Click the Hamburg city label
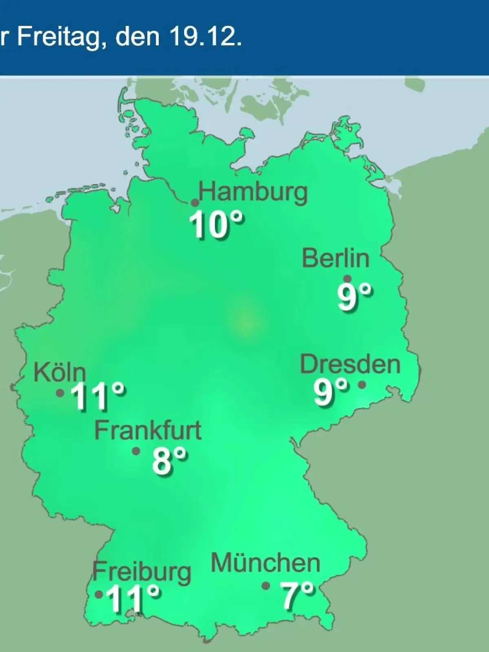pyautogui.click(x=253, y=192)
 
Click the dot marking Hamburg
pyautogui.click(x=195, y=203)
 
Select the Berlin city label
pyautogui.click(x=336, y=258)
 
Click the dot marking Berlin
pyautogui.click(x=348, y=279)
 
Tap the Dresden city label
pyautogui.click(x=350, y=364)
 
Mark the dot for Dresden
pyautogui.click(x=362, y=384)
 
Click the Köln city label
pyautogui.click(x=59, y=372)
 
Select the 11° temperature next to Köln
pyautogui.click(x=97, y=396)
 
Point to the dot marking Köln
pyautogui.click(x=60, y=393)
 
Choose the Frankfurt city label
pyautogui.click(x=148, y=430)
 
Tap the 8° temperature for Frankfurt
pyautogui.click(x=170, y=461)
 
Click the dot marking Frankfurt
pyautogui.click(x=136, y=451)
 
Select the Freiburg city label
pyautogui.click(x=141, y=573)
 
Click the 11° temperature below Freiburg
pyautogui.click(x=133, y=598)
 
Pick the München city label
pyautogui.click(x=266, y=563)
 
